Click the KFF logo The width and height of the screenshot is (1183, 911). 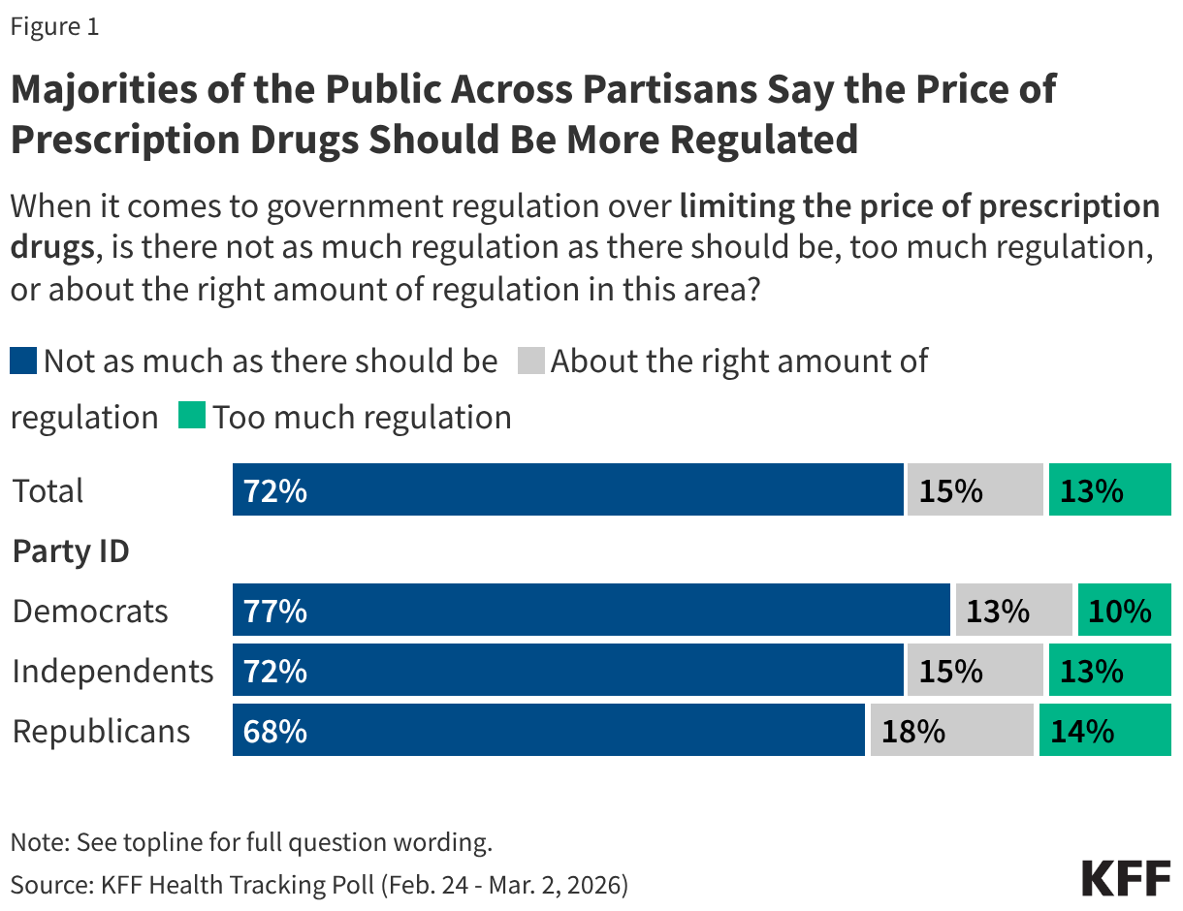[x=1126, y=877]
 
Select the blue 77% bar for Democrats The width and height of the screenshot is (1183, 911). [x=591, y=611]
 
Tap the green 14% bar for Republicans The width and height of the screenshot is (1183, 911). [x=1104, y=731]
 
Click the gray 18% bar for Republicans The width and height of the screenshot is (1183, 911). [x=951, y=731]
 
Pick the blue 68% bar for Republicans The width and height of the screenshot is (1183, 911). [x=548, y=731]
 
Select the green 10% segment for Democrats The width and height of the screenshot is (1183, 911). [x=1124, y=611]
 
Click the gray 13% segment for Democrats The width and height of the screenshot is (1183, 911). [x=1013, y=611]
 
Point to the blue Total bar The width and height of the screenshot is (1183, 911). [x=567, y=490]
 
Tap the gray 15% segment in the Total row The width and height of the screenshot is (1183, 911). [x=975, y=490]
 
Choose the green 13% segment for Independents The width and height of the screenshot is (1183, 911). [x=1109, y=671]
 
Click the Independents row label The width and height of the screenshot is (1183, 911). [x=112, y=671]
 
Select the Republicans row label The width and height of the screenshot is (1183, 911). [x=101, y=731]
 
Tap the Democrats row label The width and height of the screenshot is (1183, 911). [x=90, y=611]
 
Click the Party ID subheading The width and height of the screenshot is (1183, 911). [x=71, y=551]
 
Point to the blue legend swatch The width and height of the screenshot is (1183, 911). [x=24, y=361]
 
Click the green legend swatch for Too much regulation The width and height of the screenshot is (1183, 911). [x=191, y=418]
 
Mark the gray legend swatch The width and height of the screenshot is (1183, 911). [x=532, y=361]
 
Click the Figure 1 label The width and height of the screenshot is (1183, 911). [x=54, y=27]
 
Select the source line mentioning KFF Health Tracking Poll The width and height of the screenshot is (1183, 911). [x=319, y=883]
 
